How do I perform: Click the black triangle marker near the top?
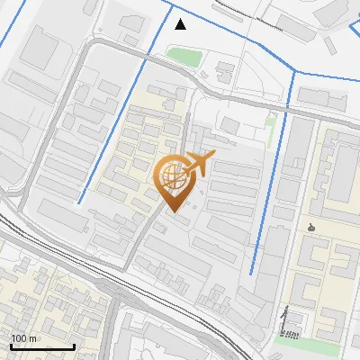[181, 24]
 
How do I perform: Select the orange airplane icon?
[199, 165]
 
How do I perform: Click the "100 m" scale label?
[23, 338]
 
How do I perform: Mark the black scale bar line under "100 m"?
[42, 346]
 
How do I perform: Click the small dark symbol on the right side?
[311, 227]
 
